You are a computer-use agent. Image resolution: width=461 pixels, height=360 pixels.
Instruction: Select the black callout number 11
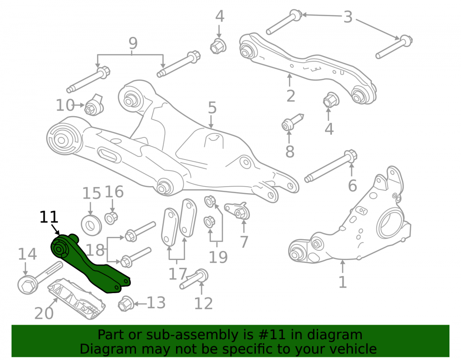(x=49, y=217)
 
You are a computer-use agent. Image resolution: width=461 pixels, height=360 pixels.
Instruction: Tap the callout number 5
(x=212, y=108)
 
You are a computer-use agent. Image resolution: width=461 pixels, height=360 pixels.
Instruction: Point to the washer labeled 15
(x=91, y=225)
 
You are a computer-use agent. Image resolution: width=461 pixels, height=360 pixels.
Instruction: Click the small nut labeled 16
(x=112, y=218)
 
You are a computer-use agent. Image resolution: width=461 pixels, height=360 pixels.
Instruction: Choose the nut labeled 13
(x=126, y=304)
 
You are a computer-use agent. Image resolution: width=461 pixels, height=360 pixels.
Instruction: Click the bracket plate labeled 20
(x=77, y=299)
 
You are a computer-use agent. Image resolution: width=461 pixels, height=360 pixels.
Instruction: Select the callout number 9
(x=133, y=43)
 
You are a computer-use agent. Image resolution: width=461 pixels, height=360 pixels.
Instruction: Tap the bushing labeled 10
(x=95, y=105)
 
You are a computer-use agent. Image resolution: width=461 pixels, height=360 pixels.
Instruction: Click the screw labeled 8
(x=292, y=122)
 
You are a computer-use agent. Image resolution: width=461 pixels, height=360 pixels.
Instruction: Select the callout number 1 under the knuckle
(x=343, y=282)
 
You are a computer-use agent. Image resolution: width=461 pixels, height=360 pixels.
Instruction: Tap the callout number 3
(x=348, y=17)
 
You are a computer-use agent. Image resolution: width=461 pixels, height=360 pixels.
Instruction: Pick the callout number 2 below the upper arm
(x=290, y=96)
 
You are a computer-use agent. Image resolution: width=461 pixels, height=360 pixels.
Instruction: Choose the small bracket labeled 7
(x=237, y=210)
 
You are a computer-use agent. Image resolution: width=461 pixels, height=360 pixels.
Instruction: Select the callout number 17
(x=177, y=274)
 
